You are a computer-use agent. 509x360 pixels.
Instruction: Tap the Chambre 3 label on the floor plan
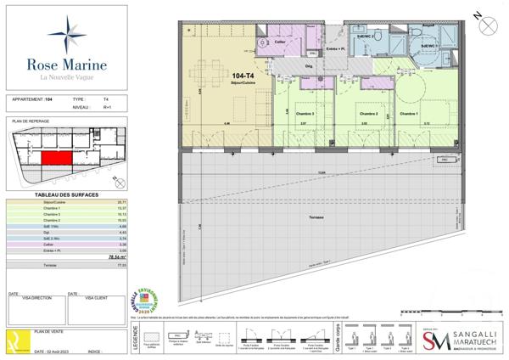305,113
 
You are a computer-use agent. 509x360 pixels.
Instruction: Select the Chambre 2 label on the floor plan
366,113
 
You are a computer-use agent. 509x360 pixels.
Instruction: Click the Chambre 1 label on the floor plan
410,113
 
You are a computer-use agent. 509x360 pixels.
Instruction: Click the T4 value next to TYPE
106,99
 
